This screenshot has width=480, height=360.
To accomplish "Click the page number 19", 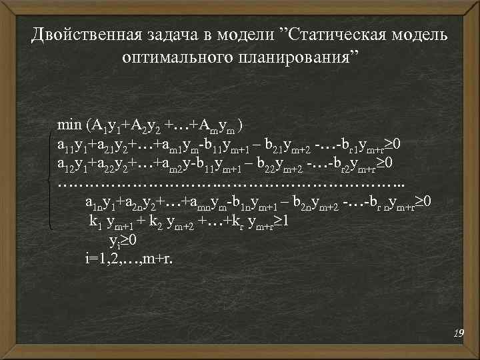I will pos(458,331).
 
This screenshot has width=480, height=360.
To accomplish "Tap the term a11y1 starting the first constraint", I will pos(74,145).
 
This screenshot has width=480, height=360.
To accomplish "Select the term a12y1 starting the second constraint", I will pos(74,164).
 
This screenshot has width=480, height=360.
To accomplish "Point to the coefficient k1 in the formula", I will pos(95,221).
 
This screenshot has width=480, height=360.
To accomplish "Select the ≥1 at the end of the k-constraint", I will pos(281,221).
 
